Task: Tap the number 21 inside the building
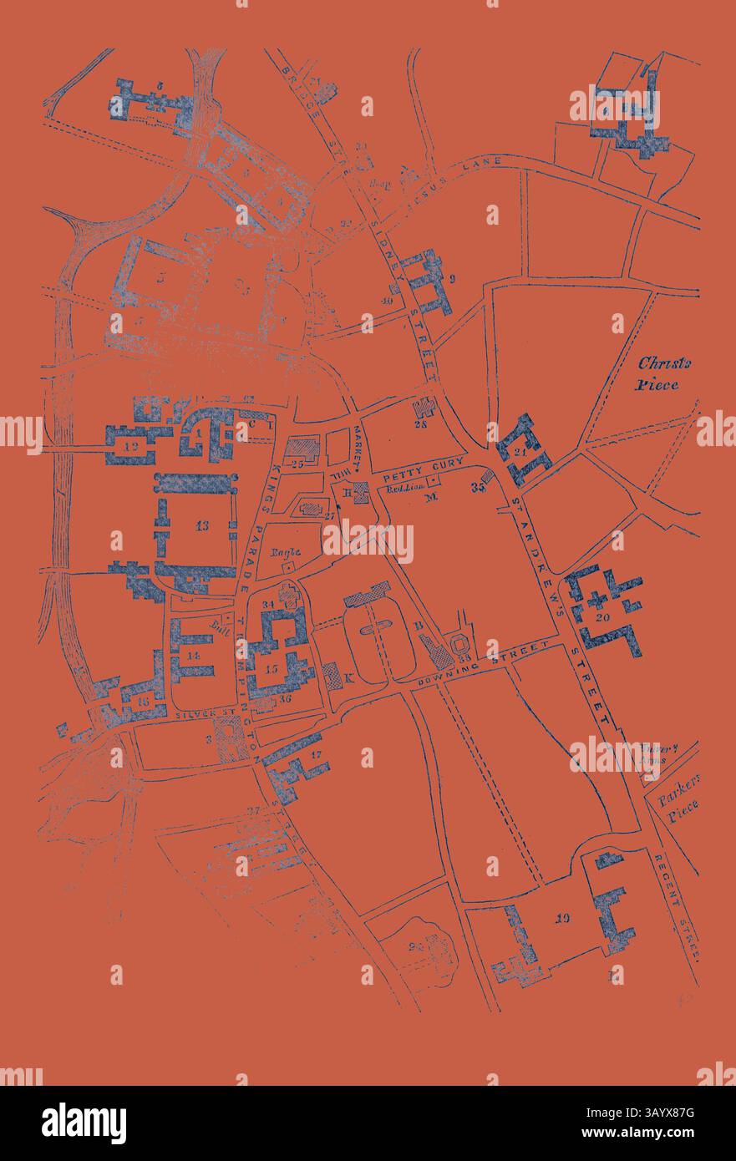click(x=520, y=452)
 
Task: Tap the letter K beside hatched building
click(x=349, y=677)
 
